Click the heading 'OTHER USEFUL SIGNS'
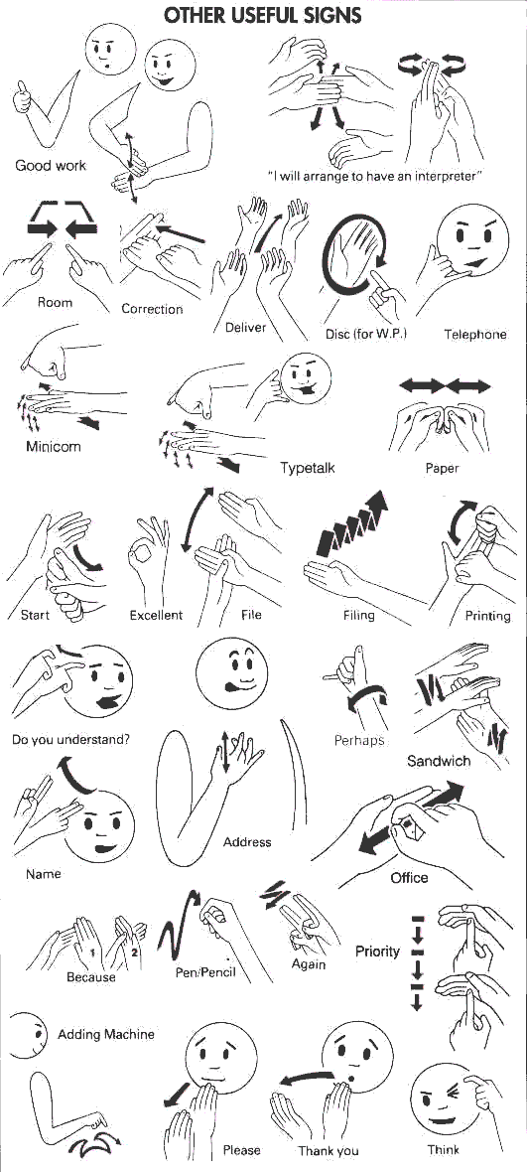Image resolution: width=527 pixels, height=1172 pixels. click(262, 15)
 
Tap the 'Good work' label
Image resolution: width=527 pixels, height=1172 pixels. click(51, 165)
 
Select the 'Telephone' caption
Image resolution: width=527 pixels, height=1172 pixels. click(474, 334)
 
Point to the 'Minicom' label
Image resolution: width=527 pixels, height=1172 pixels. click(54, 446)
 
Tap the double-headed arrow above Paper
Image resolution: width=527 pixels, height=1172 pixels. click(444, 385)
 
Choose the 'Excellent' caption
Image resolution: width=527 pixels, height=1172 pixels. click(156, 615)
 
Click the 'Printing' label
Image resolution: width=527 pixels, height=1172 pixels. click(487, 616)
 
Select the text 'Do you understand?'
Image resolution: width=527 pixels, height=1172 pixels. click(71, 739)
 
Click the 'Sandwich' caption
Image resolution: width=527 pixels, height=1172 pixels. click(439, 761)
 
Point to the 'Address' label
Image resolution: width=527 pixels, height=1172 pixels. click(247, 842)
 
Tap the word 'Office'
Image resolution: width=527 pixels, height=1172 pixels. click(409, 877)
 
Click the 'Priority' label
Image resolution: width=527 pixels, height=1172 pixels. click(377, 952)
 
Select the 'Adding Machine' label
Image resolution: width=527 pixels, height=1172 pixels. click(106, 1034)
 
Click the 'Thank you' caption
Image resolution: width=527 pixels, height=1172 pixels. click(329, 1151)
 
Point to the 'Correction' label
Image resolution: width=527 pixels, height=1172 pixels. click(152, 309)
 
